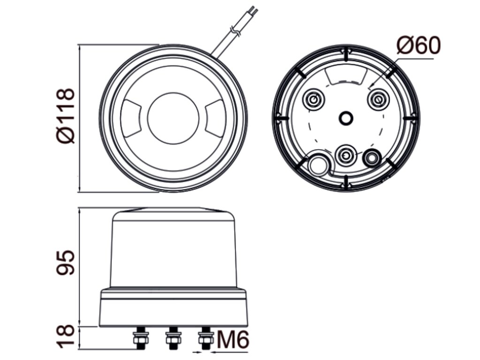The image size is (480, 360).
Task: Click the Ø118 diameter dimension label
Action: tap(66, 116)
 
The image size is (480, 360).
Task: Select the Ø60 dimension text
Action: tap(419, 45)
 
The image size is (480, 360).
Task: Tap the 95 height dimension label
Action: tap(66, 262)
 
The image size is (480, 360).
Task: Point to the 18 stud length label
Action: tap(66, 337)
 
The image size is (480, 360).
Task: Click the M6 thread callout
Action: tap(233, 339)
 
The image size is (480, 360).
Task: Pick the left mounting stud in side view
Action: tap(141, 337)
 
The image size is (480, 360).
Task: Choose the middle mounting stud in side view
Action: tap(173, 337)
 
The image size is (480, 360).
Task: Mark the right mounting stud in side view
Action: tap(206, 337)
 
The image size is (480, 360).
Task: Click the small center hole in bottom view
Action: tap(346, 118)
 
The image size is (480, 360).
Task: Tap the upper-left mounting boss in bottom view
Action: tap(313, 99)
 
